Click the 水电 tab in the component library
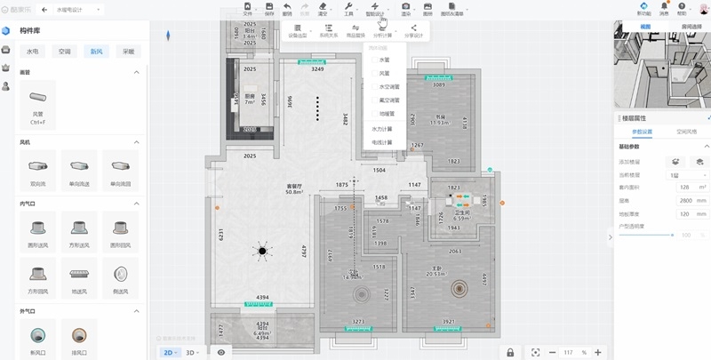[x=33, y=52]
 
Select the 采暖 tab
[x=129, y=52]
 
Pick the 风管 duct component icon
[x=38, y=97]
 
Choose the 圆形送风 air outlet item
[x=38, y=227]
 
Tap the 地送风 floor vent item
[x=79, y=276]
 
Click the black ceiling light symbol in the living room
[x=263, y=252]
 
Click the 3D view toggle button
[x=190, y=352]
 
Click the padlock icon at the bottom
[x=510, y=352]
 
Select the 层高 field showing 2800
[x=683, y=201]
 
